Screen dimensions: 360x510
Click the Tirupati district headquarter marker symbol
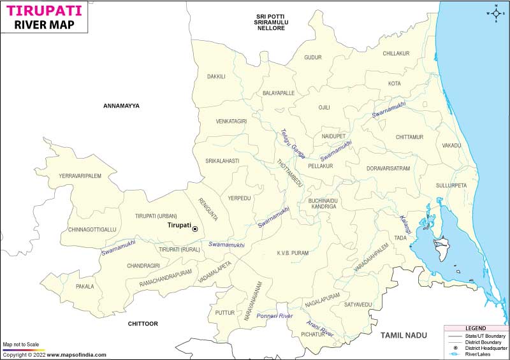[195, 229]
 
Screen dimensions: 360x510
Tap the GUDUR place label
[313, 57]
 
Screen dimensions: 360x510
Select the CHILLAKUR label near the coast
[396, 54]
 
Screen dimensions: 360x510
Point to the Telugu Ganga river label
[293, 144]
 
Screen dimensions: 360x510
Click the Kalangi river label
[404, 223]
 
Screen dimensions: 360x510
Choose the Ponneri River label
[274, 316]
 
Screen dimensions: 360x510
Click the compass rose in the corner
[495, 13]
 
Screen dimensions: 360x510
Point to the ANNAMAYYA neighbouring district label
[121, 106]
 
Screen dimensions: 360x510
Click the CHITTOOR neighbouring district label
[143, 324]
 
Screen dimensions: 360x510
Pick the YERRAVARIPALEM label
[80, 176]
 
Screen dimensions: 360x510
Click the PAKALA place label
[85, 287]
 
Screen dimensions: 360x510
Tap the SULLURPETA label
[451, 185]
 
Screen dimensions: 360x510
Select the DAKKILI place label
[216, 76]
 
